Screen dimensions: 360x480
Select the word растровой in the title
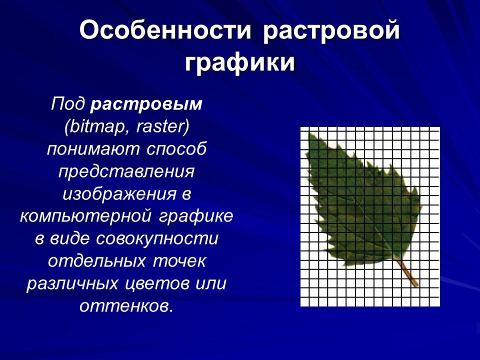coord(331,31)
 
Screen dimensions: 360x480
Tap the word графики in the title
coord(240,63)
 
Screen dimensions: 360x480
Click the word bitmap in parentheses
coord(94,127)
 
